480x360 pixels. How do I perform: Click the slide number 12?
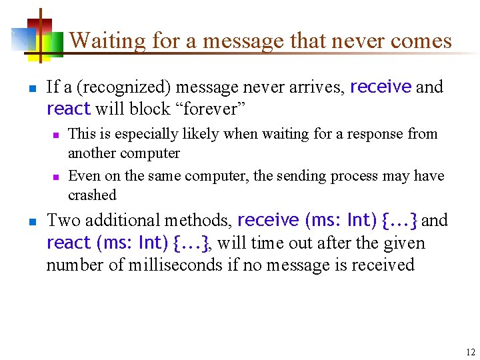coord(471,352)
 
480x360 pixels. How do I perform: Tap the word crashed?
coord(92,195)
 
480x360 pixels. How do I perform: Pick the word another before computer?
coord(92,153)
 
